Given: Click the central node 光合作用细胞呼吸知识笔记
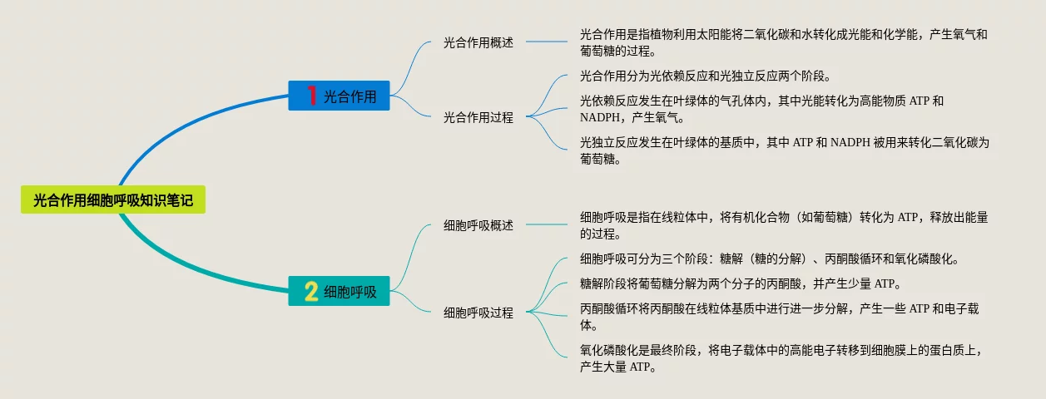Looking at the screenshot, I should point(112,199).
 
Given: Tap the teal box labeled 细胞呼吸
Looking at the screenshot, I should point(339,292).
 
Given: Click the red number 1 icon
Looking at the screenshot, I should point(311,96).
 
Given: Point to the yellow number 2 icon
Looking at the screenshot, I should point(311,292).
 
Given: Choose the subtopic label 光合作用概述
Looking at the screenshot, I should point(478,42).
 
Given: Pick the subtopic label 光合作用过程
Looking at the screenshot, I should point(478,117).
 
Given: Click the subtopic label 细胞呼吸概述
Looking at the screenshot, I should point(478,225).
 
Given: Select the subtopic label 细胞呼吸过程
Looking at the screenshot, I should point(478,313).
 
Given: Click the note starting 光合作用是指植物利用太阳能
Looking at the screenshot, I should point(783,42).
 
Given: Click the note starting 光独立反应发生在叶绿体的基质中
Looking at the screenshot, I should point(783,150).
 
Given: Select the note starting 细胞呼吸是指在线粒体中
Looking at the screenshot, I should point(783,225).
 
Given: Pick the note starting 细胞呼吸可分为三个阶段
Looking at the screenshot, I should point(770,259).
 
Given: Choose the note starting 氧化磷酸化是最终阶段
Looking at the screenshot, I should point(783,358).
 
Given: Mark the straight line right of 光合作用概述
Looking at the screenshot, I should point(546,42).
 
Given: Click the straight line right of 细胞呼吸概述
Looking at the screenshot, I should point(546,225).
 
